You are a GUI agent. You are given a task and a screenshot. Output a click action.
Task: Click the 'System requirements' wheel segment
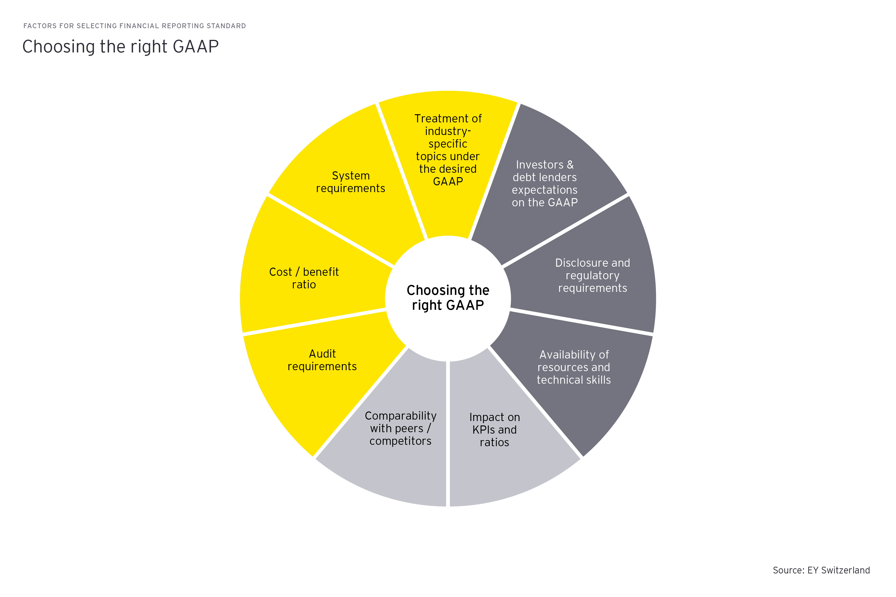click(x=351, y=182)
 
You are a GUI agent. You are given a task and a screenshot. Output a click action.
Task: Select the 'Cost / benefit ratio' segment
click(x=304, y=278)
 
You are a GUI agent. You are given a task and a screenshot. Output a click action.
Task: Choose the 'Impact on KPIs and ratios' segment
click(x=494, y=429)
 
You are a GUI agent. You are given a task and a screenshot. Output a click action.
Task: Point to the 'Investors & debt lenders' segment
click(x=545, y=183)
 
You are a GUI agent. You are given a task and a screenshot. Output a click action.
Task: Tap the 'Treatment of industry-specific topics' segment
click(x=448, y=150)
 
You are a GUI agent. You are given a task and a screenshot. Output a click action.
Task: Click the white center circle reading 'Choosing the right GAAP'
click(x=448, y=298)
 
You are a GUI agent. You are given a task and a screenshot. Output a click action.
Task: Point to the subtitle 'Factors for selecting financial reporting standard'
click(x=135, y=26)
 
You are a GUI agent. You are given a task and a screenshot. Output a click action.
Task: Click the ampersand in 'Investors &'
click(x=570, y=165)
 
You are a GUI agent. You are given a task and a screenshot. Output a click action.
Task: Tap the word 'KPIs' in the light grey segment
click(x=483, y=430)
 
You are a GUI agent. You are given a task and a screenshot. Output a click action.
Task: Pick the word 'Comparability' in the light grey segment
click(x=401, y=416)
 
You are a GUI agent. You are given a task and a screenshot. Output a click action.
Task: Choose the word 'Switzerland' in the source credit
click(x=845, y=570)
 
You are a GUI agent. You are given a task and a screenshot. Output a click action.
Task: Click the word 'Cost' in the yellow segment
click(x=280, y=272)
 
